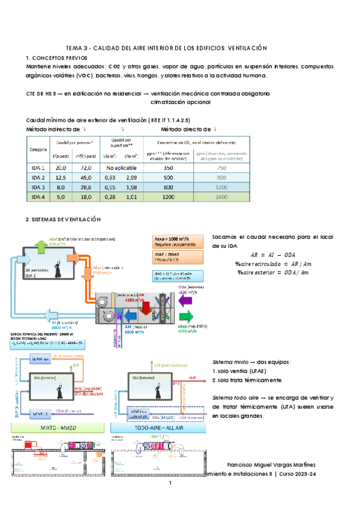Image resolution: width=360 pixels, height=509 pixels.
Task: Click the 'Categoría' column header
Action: tap(38, 149)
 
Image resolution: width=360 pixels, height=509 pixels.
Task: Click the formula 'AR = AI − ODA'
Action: tap(272, 254)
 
